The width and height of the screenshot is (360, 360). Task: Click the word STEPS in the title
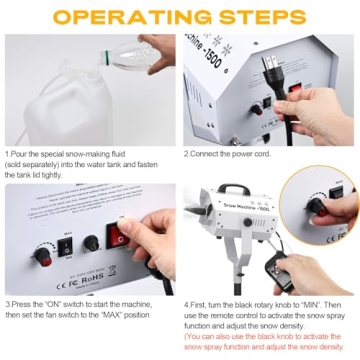[x=261, y=17]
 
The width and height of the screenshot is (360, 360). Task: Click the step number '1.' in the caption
[x=8, y=154]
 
